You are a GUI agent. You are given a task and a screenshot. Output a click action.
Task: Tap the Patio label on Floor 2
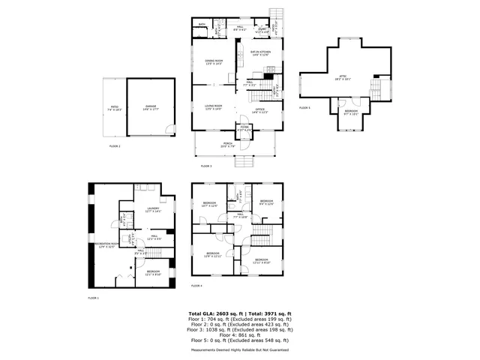coord(115,109)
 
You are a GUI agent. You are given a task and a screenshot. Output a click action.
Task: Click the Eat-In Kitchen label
coord(259,52)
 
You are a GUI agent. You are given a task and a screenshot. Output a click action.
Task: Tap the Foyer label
coord(244,127)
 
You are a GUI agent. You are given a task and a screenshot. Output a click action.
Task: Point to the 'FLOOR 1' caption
coord(93,298)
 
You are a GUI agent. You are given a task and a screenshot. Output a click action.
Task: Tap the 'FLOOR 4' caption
coord(196,286)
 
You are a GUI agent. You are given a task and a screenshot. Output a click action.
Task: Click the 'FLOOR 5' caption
coord(304,109)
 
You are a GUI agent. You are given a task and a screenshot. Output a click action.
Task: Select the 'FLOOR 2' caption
coord(114,145)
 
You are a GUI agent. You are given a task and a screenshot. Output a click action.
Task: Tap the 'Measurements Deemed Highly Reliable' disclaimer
coord(239,349)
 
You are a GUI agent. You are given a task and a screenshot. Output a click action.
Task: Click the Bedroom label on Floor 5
coord(351,112)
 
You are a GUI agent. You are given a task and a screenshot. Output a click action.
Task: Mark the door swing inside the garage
coord(172,130)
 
